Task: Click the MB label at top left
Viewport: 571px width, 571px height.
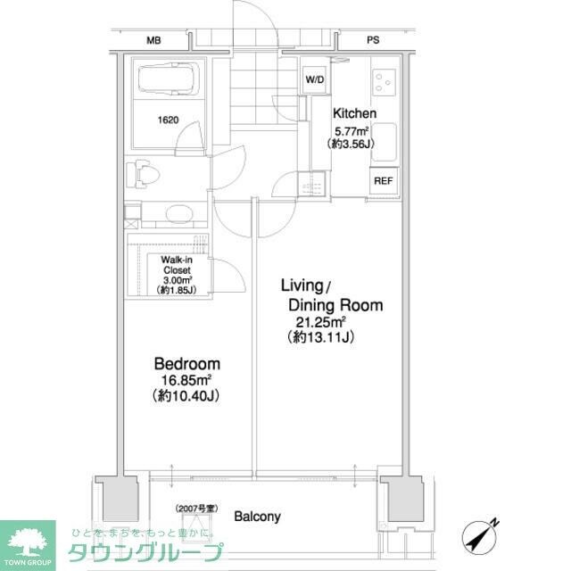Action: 154,40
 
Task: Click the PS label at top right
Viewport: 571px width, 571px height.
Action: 373,40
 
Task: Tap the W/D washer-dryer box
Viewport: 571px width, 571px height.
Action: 315,79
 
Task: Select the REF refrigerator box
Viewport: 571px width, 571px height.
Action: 383,180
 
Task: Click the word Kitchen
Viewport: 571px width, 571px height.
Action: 354,113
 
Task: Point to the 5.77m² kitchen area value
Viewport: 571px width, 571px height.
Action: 354,129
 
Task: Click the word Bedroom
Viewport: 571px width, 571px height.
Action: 186,364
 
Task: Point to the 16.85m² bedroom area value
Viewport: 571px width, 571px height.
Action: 186,381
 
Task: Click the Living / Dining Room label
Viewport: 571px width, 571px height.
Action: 331,295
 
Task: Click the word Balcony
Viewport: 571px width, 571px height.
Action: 257,516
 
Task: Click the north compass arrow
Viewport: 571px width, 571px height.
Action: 481,534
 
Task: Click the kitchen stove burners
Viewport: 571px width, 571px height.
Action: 385,82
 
